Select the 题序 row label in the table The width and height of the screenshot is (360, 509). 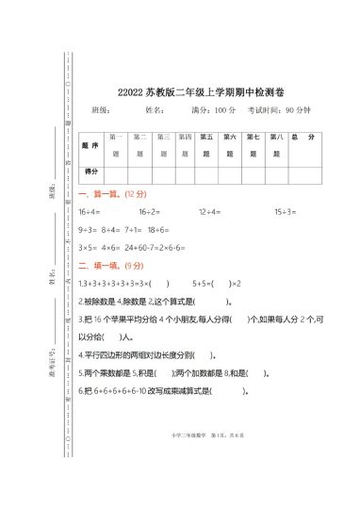(91, 147)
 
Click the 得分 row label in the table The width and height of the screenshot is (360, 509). (91, 172)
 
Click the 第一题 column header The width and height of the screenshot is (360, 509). (117, 145)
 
